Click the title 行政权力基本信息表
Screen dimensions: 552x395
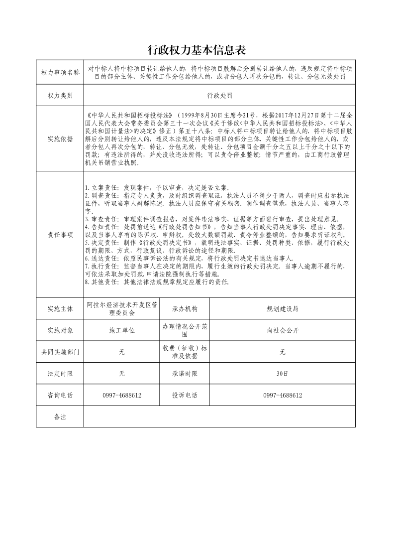tap(197, 50)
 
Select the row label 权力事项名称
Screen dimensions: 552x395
tap(60, 73)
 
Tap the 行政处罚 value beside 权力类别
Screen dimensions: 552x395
tap(219, 95)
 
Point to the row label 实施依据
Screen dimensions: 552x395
tap(60, 138)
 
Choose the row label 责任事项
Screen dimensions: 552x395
tap(60, 235)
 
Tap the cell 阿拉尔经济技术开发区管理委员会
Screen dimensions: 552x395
tap(121, 309)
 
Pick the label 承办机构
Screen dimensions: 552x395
tap(185, 309)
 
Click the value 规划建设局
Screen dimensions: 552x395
tap(282, 309)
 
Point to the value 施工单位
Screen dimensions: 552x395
tap(121, 330)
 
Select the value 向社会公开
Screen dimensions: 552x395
tap(282, 330)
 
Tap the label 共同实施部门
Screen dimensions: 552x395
tap(60, 352)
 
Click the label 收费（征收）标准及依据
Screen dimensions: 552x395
tap(185, 352)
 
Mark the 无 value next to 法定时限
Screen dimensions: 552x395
tap(121, 373)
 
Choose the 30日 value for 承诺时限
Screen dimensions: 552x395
tap(282, 373)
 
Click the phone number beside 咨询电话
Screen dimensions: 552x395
tap(121, 395)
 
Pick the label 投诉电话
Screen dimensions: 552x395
tap(185, 395)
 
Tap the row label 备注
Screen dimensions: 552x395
tap(60, 416)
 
